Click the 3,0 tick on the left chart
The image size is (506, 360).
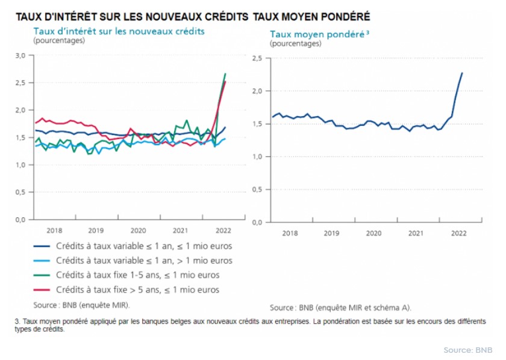(x=21, y=55)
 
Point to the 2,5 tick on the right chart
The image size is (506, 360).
(x=257, y=58)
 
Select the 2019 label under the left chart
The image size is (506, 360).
(x=96, y=231)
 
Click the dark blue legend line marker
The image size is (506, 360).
(x=40, y=246)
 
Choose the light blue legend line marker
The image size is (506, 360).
(x=40, y=261)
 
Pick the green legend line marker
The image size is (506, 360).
(x=40, y=275)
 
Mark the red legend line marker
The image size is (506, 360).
(x=40, y=290)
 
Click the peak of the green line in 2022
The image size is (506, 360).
(x=225, y=74)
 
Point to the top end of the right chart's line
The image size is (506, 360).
(x=462, y=73)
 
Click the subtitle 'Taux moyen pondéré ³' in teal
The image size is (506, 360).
(x=319, y=34)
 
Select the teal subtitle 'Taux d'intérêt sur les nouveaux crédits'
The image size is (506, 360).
(x=119, y=31)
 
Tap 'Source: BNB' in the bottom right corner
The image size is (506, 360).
(x=467, y=350)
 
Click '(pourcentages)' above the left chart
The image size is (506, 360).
(x=60, y=40)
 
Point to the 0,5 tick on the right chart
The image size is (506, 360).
(x=257, y=190)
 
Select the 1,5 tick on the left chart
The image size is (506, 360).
(x=21, y=138)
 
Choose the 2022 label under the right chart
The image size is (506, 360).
(x=458, y=233)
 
